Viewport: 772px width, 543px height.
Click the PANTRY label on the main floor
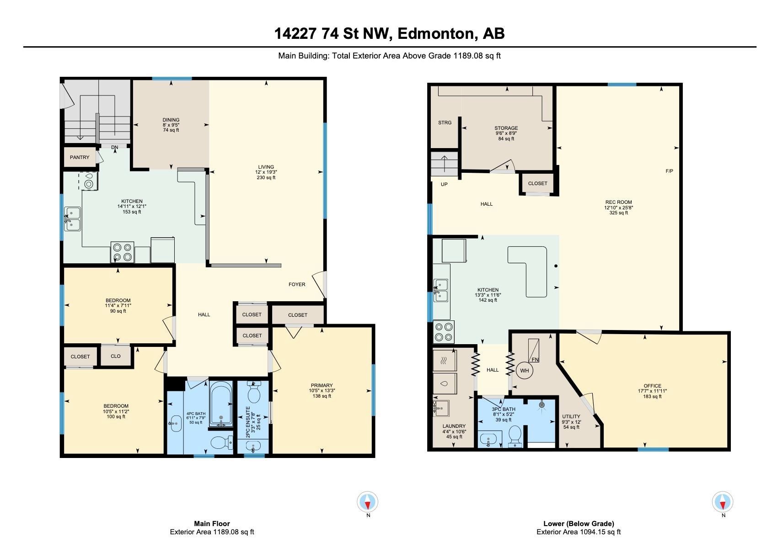tap(80, 157)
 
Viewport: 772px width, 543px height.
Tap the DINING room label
tap(171, 120)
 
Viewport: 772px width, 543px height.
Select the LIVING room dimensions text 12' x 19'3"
tap(266, 172)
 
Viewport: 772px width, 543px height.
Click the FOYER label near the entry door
tap(297, 284)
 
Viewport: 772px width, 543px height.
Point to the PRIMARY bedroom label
tap(322, 385)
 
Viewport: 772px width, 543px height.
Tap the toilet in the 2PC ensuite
tap(254, 392)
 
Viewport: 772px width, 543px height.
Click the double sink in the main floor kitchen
tap(72, 218)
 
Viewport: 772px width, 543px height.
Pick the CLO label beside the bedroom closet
tap(116, 356)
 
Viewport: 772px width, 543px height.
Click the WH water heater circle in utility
tap(525, 371)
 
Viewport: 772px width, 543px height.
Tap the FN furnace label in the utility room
tap(535, 359)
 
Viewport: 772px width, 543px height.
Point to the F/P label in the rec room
tap(669, 171)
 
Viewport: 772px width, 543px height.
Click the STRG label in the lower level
tap(445, 122)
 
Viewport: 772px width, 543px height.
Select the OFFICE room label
tap(652, 386)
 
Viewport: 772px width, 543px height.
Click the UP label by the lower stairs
tap(444, 185)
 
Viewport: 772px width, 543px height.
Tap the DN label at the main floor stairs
tap(114, 147)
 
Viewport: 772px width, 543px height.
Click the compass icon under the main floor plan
tap(368, 502)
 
